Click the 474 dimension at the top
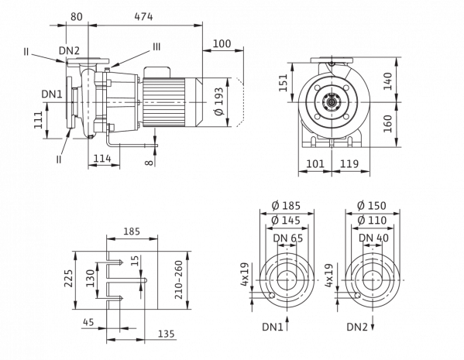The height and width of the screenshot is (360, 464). point(143,17)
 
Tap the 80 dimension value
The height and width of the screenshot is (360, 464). point(77,17)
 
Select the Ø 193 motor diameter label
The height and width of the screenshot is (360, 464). point(219,101)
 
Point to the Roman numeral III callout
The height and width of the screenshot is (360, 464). point(156,46)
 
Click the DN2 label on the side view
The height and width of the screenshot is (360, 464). point(69,50)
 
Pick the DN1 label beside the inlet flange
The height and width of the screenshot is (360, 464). point(52,94)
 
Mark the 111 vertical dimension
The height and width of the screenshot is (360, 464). point(38,120)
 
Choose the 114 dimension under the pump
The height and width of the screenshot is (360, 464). point(102,159)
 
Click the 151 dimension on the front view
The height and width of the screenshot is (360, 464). point(284,83)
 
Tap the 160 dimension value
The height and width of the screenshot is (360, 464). point(387,124)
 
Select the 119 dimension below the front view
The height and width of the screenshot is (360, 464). point(349,163)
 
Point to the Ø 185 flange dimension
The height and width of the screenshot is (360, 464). point(286,205)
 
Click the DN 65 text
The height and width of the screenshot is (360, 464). point(288,238)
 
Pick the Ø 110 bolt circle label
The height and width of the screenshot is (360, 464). point(372,220)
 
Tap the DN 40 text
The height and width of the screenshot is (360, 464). point(373,238)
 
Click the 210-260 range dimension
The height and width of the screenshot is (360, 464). point(179,279)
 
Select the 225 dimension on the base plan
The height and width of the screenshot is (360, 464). point(69,278)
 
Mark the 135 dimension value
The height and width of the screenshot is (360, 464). point(166,334)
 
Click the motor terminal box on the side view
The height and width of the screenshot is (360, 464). point(156,72)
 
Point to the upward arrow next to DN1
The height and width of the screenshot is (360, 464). point(287,324)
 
